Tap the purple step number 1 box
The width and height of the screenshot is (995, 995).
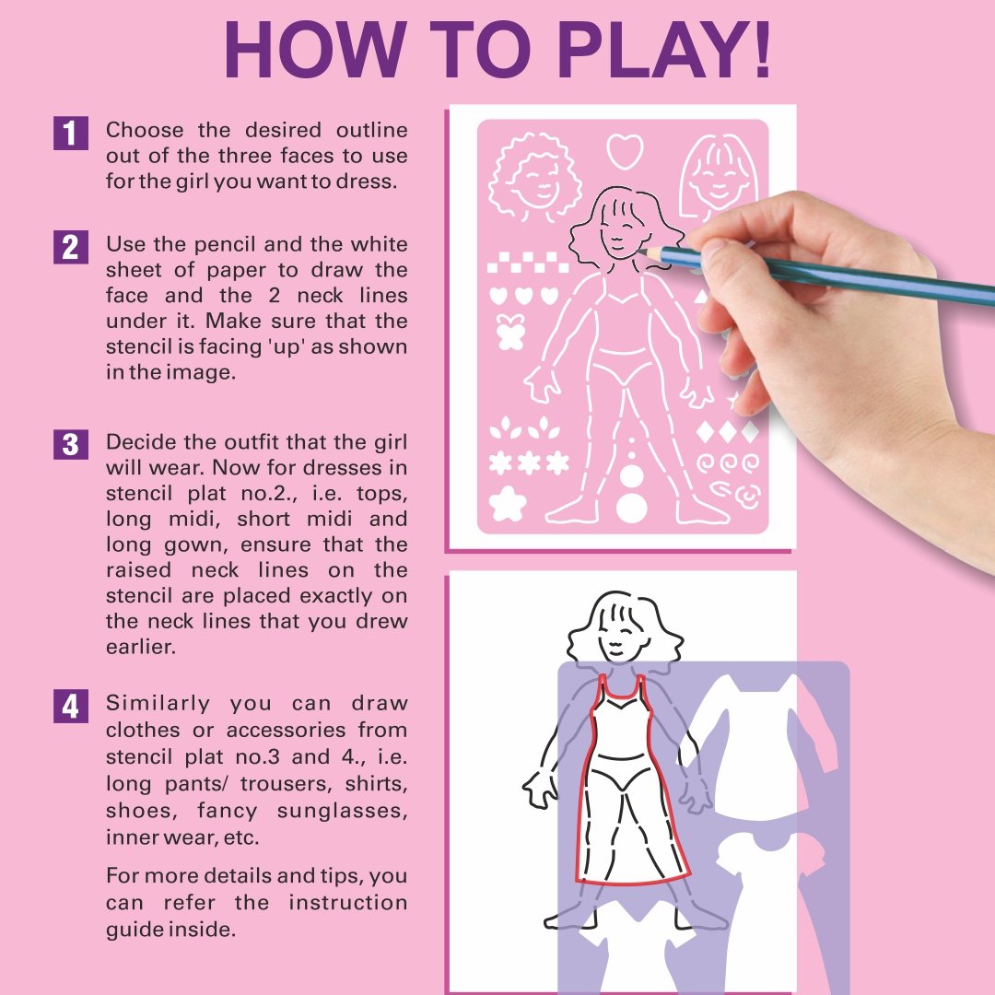click(x=70, y=133)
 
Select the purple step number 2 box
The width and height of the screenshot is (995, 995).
click(x=70, y=248)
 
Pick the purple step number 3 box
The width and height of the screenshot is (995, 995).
click(x=70, y=444)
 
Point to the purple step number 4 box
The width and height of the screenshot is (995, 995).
click(x=70, y=707)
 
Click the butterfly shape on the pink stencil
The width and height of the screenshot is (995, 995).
click(x=509, y=333)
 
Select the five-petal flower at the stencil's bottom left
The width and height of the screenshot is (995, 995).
click(x=508, y=504)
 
